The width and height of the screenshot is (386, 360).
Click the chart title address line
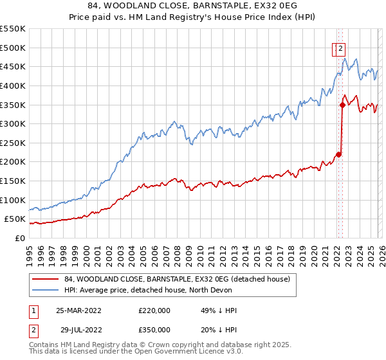click(x=192, y=6)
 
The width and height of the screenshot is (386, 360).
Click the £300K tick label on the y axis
click(x=13, y=123)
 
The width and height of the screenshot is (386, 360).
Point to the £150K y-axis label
click(x=13, y=181)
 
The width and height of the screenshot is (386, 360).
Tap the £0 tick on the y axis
click(x=21, y=238)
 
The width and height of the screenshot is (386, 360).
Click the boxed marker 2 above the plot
click(x=340, y=47)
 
